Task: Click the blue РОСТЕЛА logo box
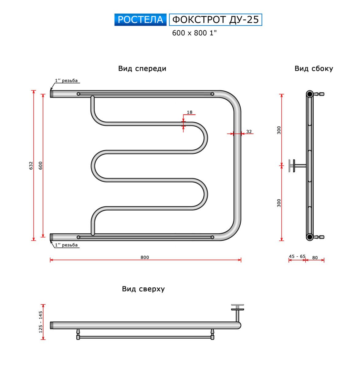pyautogui.click(x=140, y=20)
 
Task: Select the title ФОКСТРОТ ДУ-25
pyautogui.click(x=215, y=20)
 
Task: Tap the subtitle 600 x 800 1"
pyautogui.click(x=194, y=33)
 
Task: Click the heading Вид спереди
pyautogui.click(x=142, y=68)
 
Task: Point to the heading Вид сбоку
pyautogui.click(x=314, y=68)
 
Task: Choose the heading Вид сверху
pyautogui.click(x=143, y=289)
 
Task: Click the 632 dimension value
pyautogui.click(x=30, y=166)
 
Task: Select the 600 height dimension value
pyautogui.click(x=41, y=166)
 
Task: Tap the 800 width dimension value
pyautogui.click(x=145, y=257)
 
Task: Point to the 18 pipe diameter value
pyautogui.click(x=190, y=112)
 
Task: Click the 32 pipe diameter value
pyautogui.click(x=249, y=132)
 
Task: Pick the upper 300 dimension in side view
pyautogui.click(x=279, y=130)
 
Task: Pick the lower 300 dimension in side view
pyautogui.click(x=279, y=203)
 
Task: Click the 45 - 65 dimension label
pyautogui.click(x=297, y=257)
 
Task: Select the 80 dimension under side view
pyautogui.click(x=315, y=258)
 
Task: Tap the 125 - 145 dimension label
pyautogui.click(x=41, y=322)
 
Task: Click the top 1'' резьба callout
pyautogui.click(x=66, y=81)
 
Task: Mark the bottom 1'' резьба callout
pyautogui.click(x=66, y=245)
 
